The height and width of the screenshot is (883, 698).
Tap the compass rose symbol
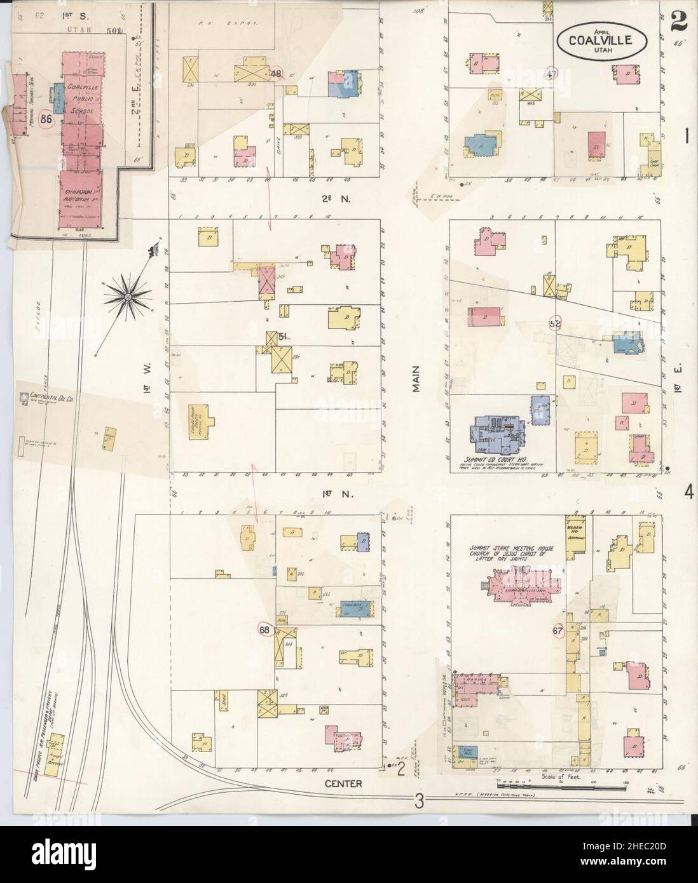pos(128,295)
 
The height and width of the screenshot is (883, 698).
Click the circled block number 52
pos(555,323)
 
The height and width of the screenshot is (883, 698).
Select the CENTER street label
pos(345,783)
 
